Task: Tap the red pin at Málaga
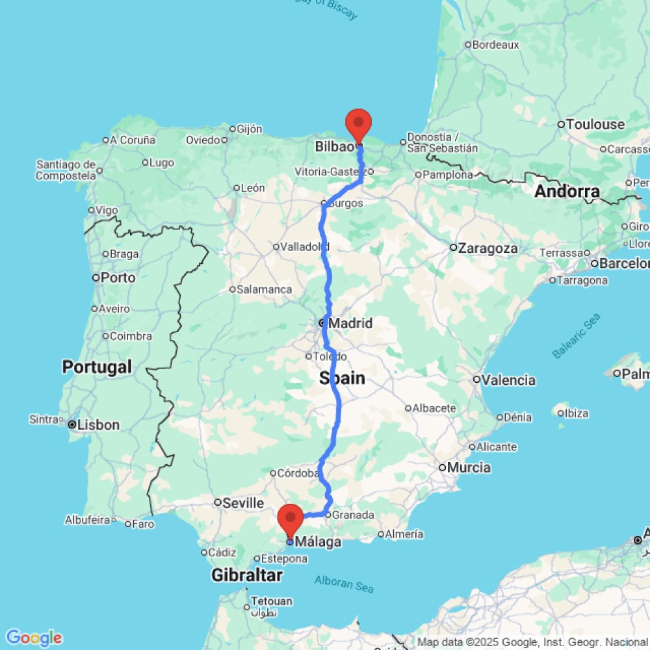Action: [x=290, y=519]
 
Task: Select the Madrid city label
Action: [x=350, y=323]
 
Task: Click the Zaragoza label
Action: [x=487, y=248]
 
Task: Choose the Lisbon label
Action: [x=98, y=425]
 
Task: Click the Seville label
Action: [x=243, y=502]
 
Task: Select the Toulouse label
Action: [x=595, y=124]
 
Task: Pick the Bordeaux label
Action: [x=496, y=45]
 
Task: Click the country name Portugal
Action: [x=97, y=367]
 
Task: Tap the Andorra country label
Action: [x=567, y=192]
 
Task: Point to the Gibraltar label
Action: [x=247, y=575]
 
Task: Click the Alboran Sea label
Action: [x=344, y=583]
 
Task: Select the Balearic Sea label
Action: [x=577, y=335]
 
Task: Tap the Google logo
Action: [x=33, y=638]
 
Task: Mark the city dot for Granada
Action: [x=328, y=515]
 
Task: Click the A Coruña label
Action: [x=133, y=140]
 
